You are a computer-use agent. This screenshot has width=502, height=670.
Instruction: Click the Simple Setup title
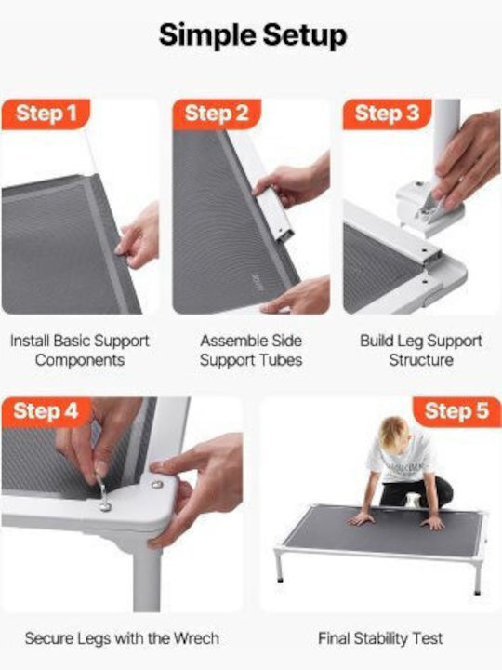coord(253,35)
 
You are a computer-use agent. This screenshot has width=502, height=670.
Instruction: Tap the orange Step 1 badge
coord(46,114)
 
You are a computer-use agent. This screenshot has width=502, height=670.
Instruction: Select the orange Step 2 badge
coord(217,114)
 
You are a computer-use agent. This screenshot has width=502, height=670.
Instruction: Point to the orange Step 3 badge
coord(387,114)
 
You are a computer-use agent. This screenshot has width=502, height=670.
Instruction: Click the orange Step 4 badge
coord(46,411)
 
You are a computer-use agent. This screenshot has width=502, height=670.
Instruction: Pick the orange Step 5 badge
coord(456,411)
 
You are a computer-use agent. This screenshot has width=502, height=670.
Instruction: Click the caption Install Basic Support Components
coord(80,351)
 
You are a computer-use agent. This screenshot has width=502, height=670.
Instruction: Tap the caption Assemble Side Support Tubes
coord(251,351)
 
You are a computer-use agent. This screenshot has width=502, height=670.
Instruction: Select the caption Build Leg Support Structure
coord(421,351)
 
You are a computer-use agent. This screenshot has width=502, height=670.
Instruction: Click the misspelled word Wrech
coord(196,638)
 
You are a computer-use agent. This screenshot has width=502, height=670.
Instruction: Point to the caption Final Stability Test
coord(380,638)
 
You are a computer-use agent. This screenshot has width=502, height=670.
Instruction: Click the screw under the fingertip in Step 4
coord(157,485)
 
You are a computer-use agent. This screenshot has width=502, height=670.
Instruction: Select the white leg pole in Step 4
coord(147,579)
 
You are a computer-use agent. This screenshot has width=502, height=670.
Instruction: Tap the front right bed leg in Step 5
coord(478,575)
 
